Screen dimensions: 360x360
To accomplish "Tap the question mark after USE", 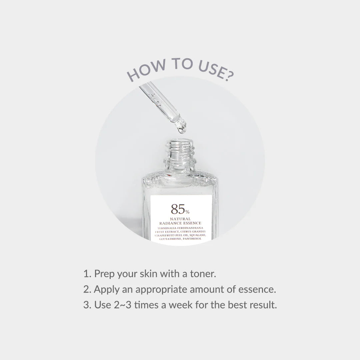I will [x=228, y=76].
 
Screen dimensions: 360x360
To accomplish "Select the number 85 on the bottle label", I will [x=178, y=209].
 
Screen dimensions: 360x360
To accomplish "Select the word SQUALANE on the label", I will [x=195, y=235].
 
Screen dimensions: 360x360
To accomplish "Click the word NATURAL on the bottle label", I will [x=180, y=219].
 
